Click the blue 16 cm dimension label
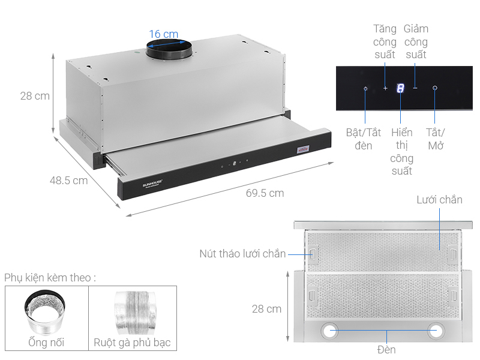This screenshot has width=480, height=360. [163, 34]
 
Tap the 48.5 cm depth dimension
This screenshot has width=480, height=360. [68, 181]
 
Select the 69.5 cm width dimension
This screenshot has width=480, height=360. [265, 193]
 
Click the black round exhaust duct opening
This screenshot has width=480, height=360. [169, 49]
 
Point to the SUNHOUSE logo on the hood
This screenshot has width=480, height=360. [152, 184]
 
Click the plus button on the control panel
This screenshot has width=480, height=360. [385, 88]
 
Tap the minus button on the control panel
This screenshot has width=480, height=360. [415, 88]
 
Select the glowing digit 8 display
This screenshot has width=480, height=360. [400, 88]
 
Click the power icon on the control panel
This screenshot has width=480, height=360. [434, 88]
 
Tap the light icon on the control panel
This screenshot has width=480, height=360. [365, 88]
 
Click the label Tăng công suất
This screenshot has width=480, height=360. [385, 41]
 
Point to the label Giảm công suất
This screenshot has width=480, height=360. [416, 41]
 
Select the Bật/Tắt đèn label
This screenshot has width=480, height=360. [364, 139]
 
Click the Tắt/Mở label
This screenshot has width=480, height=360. [436, 139]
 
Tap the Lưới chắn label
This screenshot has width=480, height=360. [439, 200]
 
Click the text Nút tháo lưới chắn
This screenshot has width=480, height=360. [242, 253]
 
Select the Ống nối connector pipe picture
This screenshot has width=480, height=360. [44, 312]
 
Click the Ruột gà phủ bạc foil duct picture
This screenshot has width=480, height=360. [136, 313]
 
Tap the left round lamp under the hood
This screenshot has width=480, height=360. [329, 331]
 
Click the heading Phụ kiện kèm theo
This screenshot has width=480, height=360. [50, 278]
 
